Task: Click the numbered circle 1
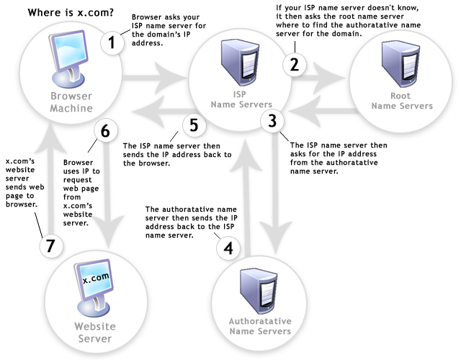point(111,42)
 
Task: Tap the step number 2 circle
point(293,63)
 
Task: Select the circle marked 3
point(272,121)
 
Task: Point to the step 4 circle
point(228,248)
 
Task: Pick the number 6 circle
point(104,131)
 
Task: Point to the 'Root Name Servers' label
point(401,100)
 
